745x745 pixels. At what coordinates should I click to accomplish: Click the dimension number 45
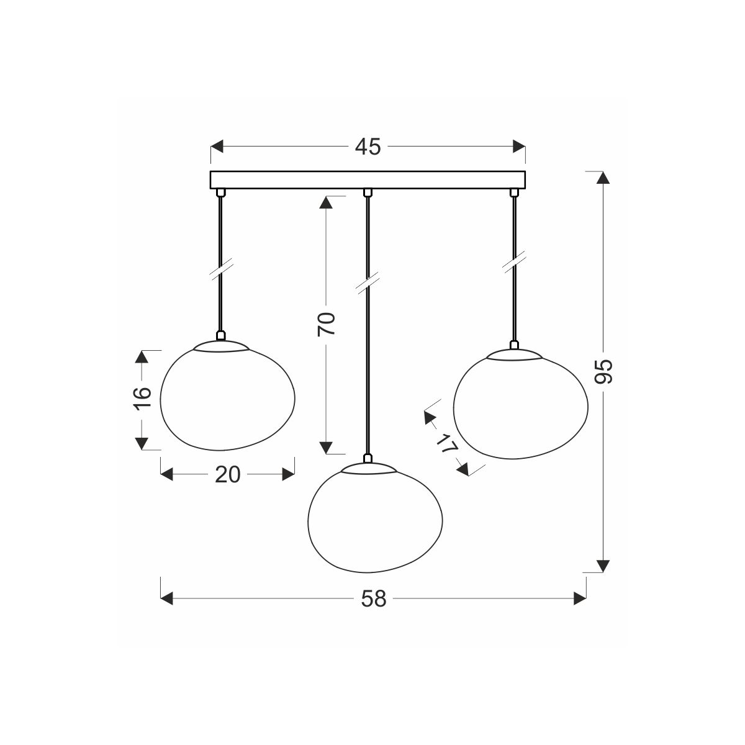click(x=368, y=147)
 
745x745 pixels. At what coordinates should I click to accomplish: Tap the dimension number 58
click(x=374, y=599)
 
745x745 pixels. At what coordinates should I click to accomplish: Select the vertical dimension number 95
click(x=603, y=371)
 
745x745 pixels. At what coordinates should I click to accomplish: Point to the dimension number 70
click(x=326, y=323)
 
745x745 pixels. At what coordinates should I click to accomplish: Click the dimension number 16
click(x=142, y=398)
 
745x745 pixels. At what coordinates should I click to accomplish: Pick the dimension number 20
click(x=228, y=474)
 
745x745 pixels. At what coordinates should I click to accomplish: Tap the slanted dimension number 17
click(x=446, y=443)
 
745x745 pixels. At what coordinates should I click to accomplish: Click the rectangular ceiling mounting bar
click(x=368, y=180)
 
